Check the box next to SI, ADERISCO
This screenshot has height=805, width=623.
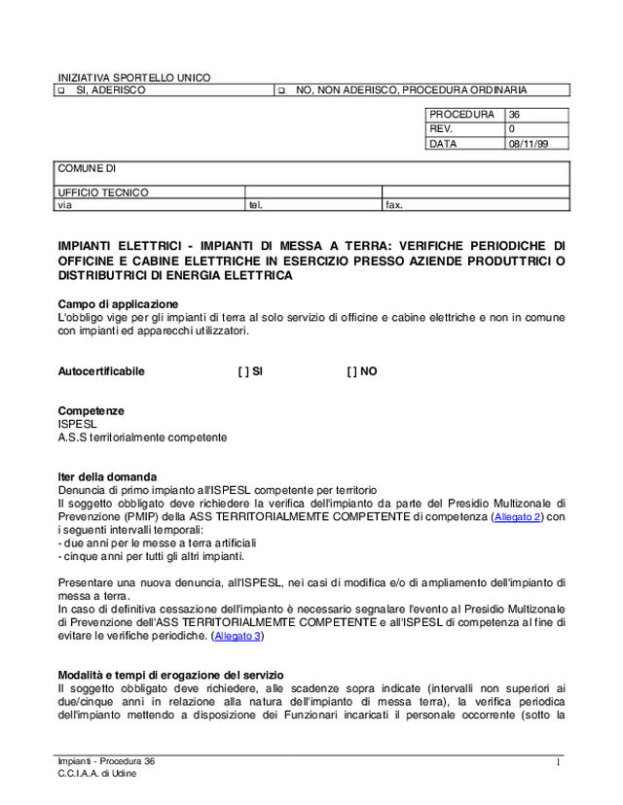60,90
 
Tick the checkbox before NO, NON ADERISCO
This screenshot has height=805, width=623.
279,90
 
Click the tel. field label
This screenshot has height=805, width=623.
256,205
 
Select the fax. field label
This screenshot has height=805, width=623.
394,205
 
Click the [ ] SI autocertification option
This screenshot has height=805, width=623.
250,371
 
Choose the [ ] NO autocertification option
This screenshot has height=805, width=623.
361,371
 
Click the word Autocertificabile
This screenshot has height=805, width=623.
101,371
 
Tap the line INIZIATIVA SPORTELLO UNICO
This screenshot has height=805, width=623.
133,78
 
